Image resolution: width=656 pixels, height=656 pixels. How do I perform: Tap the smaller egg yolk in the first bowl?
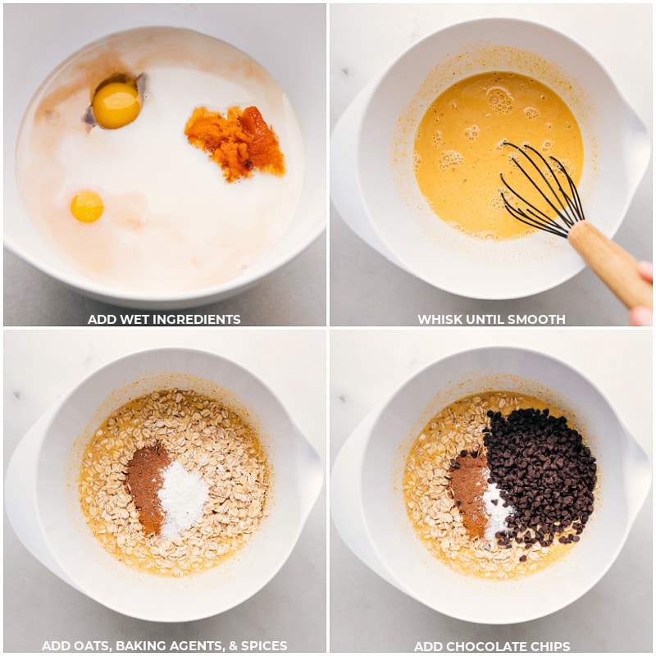(x=87, y=207)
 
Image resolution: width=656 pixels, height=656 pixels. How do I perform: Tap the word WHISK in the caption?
(x=440, y=320)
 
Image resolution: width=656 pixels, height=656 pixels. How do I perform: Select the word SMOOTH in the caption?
(x=538, y=320)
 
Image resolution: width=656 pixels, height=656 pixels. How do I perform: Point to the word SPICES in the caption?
(x=263, y=646)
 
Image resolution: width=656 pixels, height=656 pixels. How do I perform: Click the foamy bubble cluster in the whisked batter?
(x=499, y=100)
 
